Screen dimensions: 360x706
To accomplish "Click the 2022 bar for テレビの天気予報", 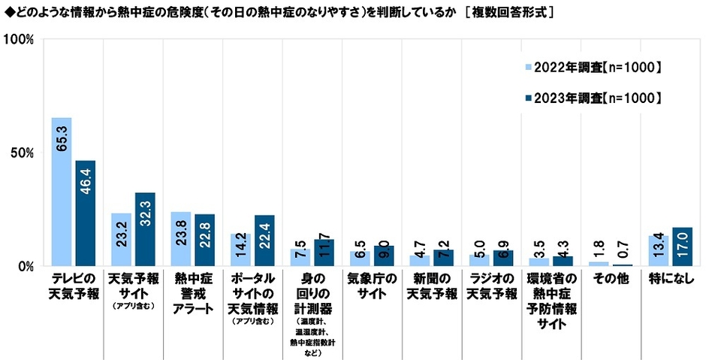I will tap(61, 192).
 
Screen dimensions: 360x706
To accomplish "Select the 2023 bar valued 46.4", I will tap(85, 213).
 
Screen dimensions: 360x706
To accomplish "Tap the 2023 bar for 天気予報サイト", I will tap(145, 229).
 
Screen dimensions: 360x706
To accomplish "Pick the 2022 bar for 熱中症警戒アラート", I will tap(181, 239).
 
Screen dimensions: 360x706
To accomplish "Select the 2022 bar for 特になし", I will tap(658, 251).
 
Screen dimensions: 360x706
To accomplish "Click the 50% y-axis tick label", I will tap(22, 153).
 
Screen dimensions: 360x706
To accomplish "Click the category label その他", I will tap(611, 277).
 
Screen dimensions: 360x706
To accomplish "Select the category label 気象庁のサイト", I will tap(372, 285).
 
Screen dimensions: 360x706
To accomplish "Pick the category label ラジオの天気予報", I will tap(491, 285).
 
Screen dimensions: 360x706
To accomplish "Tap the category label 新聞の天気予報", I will tap(431, 285).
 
